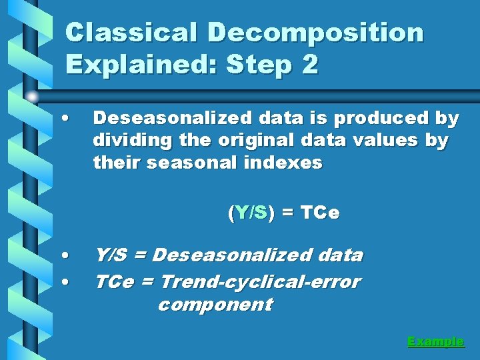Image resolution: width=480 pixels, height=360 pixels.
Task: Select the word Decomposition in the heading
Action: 315,32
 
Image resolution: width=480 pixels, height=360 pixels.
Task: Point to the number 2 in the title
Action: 309,65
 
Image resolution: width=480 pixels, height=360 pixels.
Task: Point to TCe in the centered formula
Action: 320,213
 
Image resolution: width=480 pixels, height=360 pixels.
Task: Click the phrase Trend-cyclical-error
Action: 260,281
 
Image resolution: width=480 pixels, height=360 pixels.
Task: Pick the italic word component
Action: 215,305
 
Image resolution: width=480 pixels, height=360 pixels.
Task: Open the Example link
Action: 435,341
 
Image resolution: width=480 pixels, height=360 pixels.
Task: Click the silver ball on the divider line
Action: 32,97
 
